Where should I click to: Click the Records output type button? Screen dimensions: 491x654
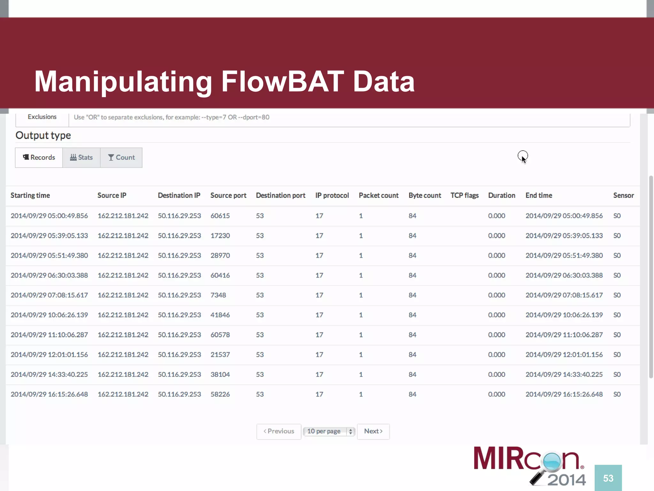(x=39, y=157)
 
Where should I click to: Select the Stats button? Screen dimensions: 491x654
(x=81, y=157)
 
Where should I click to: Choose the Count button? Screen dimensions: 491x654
(x=121, y=157)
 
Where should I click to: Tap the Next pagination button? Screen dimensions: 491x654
(x=373, y=431)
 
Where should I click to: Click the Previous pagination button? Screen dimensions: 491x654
(x=279, y=431)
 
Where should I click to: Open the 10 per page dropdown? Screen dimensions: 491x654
(x=329, y=431)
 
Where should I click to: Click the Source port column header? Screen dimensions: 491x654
(x=228, y=195)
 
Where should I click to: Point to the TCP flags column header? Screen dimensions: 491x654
(x=464, y=195)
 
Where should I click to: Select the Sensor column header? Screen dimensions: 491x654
(x=623, y=195)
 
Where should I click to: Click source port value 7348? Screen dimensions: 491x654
(x=218, y=295)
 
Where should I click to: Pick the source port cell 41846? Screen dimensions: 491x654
(x=220, y=315)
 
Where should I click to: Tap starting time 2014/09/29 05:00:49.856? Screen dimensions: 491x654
(x=49, y=216)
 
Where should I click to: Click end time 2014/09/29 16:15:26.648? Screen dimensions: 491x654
(x=564, y=394)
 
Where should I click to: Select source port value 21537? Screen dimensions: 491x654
(x=220, y=355)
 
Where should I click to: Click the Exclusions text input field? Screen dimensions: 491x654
(x=348, y=117)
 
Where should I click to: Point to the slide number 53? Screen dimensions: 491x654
(x=608, y=478)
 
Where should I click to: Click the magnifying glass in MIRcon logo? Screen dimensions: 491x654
(x=551, y=462)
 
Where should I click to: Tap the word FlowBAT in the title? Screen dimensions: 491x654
(x=283, y=82)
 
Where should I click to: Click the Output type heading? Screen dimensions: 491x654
(x=43, y=135)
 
